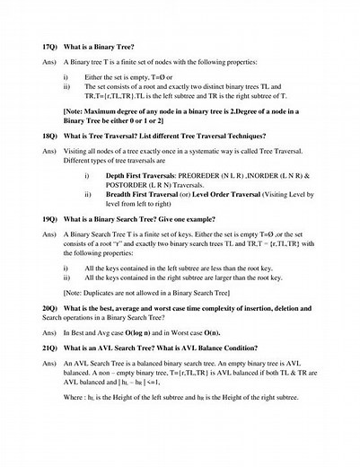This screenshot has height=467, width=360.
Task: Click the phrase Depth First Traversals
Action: [x=139, y=177]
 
